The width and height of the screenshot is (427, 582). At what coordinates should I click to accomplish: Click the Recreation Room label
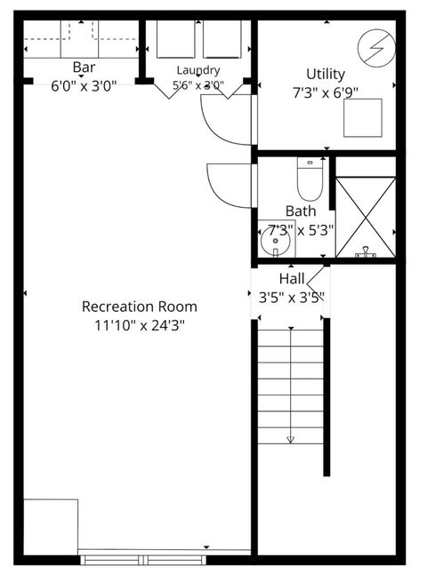pos(140,307)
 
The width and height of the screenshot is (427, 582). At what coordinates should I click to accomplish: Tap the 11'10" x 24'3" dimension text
pos(140,325)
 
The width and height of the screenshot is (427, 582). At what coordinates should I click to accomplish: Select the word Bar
pos(84,68)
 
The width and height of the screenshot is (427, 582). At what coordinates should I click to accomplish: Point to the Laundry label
pos(198,70)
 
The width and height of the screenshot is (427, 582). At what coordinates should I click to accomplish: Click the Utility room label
pos(326,75)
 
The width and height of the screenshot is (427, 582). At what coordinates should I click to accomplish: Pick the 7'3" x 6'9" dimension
pos(326,92)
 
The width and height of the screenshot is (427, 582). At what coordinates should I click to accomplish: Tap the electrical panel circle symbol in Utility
pos(376,48)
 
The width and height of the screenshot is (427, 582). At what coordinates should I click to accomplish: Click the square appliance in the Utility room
pos(363,117)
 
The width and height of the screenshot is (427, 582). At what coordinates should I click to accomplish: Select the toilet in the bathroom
pos(310,179)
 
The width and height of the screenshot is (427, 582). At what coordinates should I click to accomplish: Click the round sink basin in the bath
pos(276,242)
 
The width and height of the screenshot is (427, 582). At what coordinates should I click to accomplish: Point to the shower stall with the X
pos(366,217)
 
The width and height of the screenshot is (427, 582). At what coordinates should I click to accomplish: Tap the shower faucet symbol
pos(366,252)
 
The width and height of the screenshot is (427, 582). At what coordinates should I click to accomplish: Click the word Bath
pos(301,211)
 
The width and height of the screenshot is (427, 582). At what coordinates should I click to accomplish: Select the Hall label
pos(292,279)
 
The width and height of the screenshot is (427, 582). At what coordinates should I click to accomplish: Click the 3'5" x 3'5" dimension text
pos(292,298)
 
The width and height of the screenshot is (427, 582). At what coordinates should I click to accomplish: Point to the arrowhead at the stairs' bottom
pos(291,440)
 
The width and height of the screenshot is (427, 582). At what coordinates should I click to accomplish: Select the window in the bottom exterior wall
pos(143,560)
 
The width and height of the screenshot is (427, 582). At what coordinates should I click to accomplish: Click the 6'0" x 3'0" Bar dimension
pos(84,86)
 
